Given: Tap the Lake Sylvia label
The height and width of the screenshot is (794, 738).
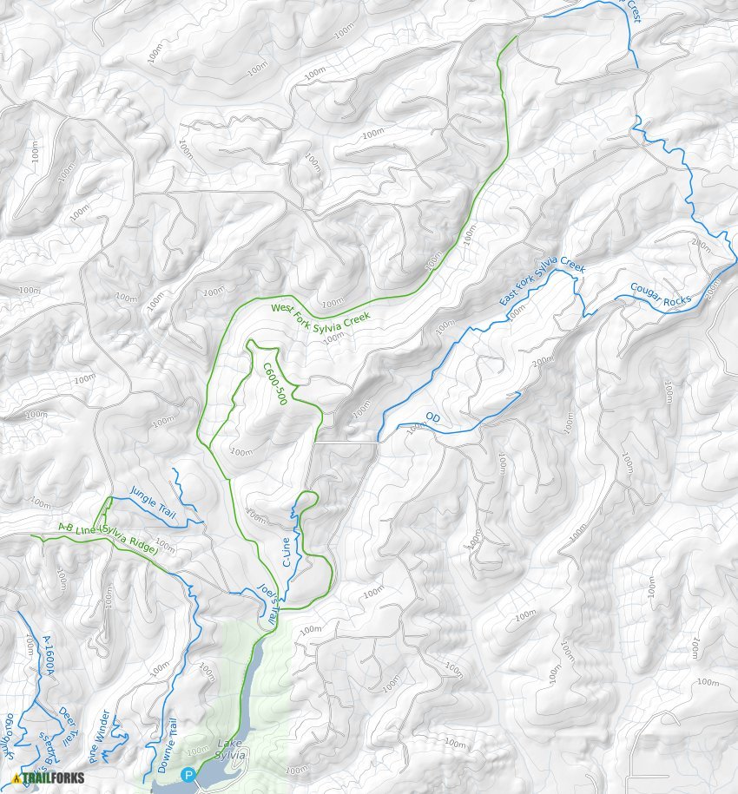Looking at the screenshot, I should [232, 751].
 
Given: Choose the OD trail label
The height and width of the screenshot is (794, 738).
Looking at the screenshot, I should [433, 418].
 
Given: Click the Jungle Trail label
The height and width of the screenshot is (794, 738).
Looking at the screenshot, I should [153, 503].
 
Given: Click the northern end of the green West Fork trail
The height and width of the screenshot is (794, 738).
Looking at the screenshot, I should [517, 37].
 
